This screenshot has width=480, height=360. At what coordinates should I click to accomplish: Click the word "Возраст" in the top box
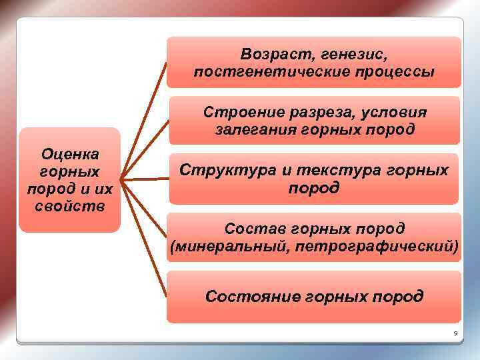[274, 53]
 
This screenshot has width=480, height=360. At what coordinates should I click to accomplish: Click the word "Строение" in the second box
[239, 111]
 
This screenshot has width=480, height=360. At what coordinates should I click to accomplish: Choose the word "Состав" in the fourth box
[249, 229]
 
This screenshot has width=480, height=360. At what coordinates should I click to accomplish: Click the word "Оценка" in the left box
[70, 154]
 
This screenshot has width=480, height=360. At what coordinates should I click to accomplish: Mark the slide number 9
[455, 333]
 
